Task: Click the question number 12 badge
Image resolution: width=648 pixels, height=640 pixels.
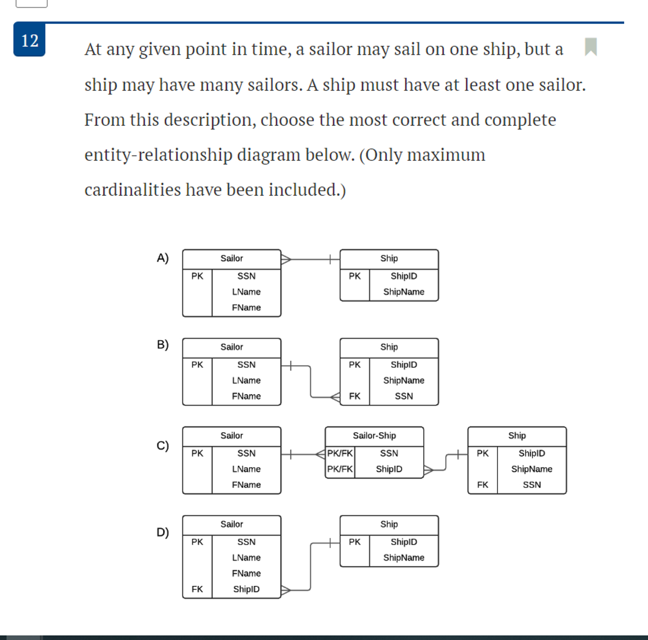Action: tap(29, 40)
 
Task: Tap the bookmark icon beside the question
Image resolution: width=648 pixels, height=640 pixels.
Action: tap(591, 47)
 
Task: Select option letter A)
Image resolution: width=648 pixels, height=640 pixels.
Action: tap(163, 258)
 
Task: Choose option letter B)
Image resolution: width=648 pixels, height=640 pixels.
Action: tap(163, 345)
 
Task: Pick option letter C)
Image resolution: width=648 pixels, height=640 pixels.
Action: tap(163, 446)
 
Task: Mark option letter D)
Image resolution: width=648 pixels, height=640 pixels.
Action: tap(163, 532)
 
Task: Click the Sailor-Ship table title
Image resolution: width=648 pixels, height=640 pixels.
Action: tap(374, 436)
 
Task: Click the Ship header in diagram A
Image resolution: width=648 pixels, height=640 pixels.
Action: tap(389, 259)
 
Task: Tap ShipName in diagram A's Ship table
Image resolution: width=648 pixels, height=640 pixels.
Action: tap(404, 292)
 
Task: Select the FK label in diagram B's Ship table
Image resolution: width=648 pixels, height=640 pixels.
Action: tap(354, 396)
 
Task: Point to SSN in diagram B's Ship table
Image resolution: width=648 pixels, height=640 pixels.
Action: tap(404, 396)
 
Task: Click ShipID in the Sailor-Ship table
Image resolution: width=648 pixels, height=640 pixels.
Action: tap(389, 469)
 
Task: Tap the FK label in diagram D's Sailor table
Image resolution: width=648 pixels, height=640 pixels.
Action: tap(197, 589)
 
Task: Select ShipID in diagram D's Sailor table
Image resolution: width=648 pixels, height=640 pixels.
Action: tap(246, 589)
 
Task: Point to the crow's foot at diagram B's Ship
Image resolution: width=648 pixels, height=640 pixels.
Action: tap(335, 397)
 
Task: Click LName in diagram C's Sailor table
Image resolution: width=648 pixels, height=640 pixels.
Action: tap(246, 469)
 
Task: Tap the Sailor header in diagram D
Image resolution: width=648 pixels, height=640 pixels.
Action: tap(232, 524)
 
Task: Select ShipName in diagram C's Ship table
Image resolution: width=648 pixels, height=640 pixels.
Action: tap(531, 469)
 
